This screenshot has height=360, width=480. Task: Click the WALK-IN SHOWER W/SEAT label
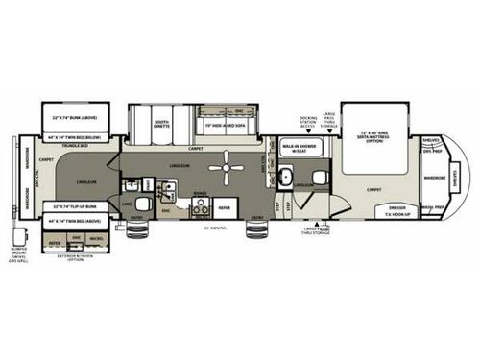(311, 148)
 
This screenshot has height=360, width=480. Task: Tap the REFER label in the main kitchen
(224, 206)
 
